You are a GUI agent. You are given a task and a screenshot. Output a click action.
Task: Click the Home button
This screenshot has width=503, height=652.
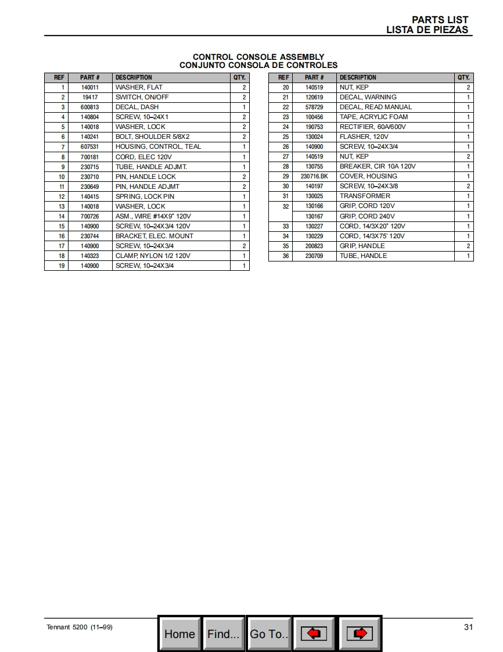pos(179,633)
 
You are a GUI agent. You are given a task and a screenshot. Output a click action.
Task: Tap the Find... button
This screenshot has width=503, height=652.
pos(224,633)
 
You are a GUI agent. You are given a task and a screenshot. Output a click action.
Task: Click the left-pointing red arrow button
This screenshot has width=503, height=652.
pos(314,633)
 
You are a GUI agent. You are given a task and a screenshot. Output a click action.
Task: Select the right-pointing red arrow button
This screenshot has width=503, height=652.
pos(360,633)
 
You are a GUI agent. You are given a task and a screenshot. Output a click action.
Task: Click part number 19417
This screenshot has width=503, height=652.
pos(89,97)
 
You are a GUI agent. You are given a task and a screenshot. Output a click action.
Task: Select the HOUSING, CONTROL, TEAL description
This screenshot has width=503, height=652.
pos(158,146)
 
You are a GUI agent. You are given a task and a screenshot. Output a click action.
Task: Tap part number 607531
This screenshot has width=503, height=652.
pos(89,146)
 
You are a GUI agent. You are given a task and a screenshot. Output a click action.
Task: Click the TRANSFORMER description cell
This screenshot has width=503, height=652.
pos(365,196)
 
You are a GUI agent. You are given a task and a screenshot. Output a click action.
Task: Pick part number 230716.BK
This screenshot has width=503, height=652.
pos(314,176)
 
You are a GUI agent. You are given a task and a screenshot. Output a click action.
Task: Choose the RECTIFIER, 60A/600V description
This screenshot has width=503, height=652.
pos(372,127)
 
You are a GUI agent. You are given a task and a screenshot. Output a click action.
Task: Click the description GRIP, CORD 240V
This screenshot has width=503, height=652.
pos(367,216)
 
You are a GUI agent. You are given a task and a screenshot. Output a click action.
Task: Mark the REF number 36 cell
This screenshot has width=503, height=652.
pos(285,256)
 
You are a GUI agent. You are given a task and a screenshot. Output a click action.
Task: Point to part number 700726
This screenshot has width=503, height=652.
pos(89,216)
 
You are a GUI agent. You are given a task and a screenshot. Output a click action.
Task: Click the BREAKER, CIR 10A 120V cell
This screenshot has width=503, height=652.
pos(378,166)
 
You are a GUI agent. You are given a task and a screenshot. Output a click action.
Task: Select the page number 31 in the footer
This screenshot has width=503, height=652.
pos(468,626)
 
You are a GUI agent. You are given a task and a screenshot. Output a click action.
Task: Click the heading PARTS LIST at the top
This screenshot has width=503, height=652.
pos(440,20)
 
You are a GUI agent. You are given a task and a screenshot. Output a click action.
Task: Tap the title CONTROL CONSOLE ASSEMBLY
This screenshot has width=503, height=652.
pos(258,57)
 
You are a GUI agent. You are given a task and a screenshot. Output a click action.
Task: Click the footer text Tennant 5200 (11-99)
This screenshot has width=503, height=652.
pos(79,627)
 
